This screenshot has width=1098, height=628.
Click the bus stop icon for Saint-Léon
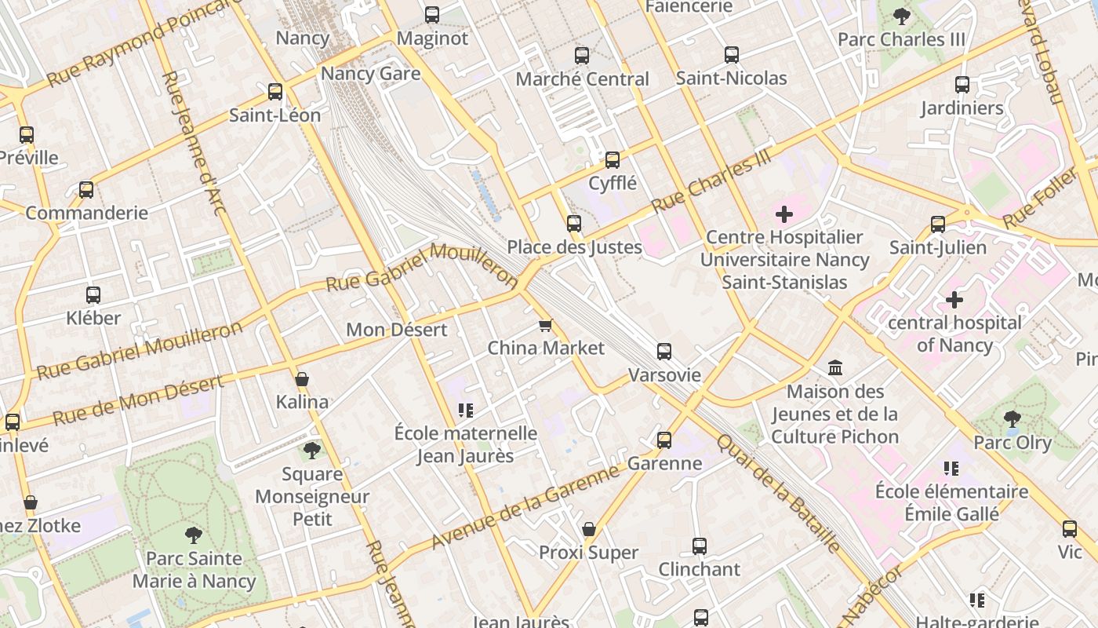(275, 92)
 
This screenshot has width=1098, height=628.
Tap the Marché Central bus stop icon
(581, 56)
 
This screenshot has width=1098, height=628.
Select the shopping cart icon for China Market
(546, 325)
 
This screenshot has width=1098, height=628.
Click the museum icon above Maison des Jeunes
(835, 367)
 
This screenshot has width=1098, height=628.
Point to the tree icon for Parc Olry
(1012, 419)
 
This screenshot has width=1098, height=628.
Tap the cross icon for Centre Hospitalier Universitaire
(784, 214)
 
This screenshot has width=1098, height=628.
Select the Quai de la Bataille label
(778, 494)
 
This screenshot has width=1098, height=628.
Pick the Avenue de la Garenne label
(525, 508)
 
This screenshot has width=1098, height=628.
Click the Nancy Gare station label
(371, 74)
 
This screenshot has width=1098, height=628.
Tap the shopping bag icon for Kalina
(302, 380)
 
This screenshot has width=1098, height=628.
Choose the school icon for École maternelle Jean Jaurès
(466, 410)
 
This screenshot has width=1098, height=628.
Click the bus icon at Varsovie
(664, 351)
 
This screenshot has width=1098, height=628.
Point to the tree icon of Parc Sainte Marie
(193, 535)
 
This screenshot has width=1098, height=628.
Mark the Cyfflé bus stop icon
(613, 160)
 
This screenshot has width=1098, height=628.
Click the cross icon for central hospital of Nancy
(954, 299)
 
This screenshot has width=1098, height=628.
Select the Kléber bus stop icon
(93, 295)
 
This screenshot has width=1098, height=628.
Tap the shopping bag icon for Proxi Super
(589, 529)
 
